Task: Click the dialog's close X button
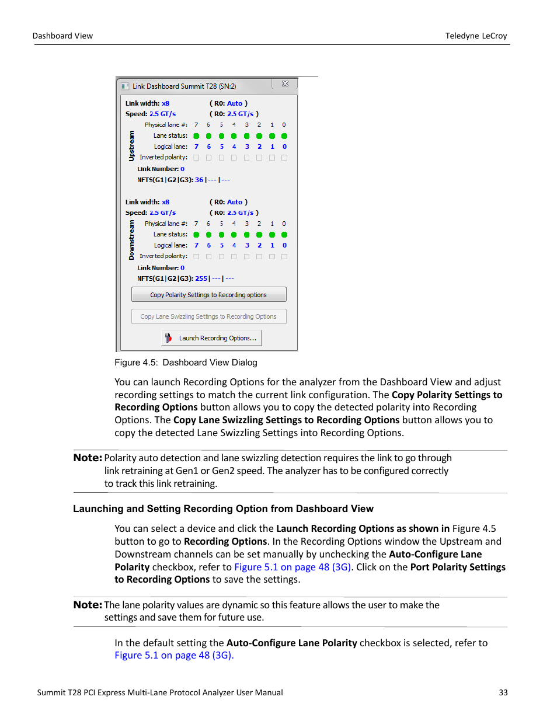click(285, 84)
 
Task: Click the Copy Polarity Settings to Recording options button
click(208, 295)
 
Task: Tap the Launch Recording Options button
click(211, 338)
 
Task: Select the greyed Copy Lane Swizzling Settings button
click(208, 316)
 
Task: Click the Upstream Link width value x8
click(165, 103)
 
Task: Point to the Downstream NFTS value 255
click(201, 278)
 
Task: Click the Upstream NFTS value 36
click(199, 180)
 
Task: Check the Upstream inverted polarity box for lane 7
click(196, 158)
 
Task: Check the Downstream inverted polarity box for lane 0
click(284, 256)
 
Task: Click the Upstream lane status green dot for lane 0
click(284, 136)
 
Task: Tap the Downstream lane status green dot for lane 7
click(196, 235)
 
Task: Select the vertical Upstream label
click(131, 146)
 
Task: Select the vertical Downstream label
click(131, 240)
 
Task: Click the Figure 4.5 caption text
click(186, 363)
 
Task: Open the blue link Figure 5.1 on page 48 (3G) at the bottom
click(174, 655)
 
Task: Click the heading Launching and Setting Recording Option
click(223, 508)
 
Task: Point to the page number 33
click(503, 692)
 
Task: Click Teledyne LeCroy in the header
click(476, 36)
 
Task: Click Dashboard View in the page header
click(62, 36)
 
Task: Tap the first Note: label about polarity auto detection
click(88, 458)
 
